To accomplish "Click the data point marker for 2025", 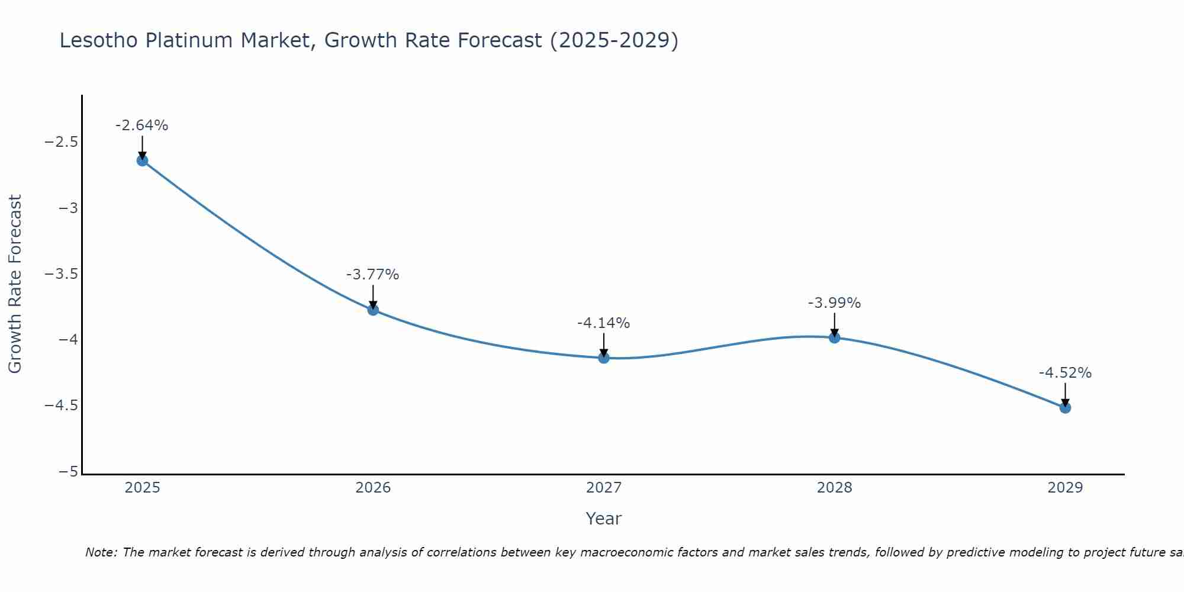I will (x=142, y=160).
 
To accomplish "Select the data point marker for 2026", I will (x=373, y=310).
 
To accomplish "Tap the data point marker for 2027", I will (x=604, y=358).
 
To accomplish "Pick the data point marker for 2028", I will (x=834, y=337).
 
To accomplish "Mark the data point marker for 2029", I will (x=1065, y=407).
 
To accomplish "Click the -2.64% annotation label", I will (x=142, y=126).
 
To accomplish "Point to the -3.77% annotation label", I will (x=373, y=275).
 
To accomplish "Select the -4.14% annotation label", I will (x=604, y=323).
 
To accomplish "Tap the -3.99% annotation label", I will (x=834, y=303).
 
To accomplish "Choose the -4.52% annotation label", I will (x=1065, y=373).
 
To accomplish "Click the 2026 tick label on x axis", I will (x=373, y=488).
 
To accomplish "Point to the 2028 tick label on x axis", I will (x=834, y=488).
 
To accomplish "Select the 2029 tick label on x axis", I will (x=1065, y=488).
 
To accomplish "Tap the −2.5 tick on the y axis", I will (x=62, y=142).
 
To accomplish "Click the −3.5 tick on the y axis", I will (x=62, y=274).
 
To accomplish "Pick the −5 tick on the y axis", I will (x=69, y=472).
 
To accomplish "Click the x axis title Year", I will (x=603, y=519).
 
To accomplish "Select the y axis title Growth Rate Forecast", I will (x=15, y=284).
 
